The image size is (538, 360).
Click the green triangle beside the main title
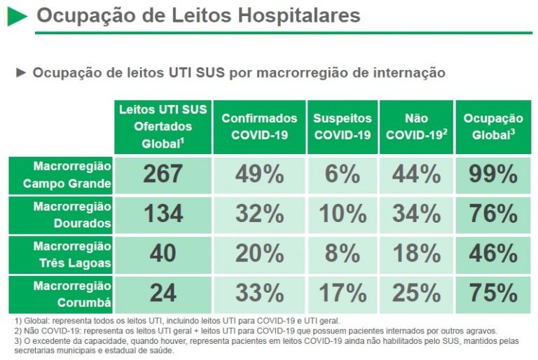click(x=17, y=16)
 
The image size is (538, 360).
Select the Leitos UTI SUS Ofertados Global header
click(x=163, y=127)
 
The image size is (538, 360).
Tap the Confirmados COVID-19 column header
click(x=259, y=127)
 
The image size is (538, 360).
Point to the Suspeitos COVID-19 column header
click(x=342, y=127)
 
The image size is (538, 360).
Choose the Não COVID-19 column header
click(x=416, y=127)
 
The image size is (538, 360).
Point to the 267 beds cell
click(x=163, y=174)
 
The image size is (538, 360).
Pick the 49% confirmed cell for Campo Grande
click(x=259, y=174)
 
